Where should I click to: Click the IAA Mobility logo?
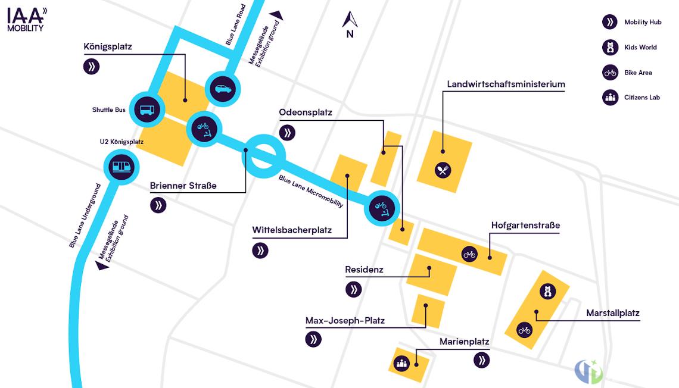pos(27,20)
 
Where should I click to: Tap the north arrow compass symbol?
pos(350,24)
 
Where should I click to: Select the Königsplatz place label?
pos(108,47)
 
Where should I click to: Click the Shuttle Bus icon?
pos(147,109)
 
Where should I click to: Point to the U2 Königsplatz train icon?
pos(122,167)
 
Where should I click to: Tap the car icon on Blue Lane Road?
pos(223,89)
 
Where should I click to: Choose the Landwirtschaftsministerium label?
pos(506,85)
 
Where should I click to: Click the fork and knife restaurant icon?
pos(443,170)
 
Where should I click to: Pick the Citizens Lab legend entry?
pos(631,98)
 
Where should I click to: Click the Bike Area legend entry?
pos(627,73)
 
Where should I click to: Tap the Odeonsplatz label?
pos(306,112)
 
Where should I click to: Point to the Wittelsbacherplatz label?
pos(292,230)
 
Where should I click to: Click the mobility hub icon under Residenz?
pos(353,289)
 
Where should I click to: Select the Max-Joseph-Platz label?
pos(345,321)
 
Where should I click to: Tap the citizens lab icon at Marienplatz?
pos(401,364)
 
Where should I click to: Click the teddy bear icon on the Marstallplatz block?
pos(547,292)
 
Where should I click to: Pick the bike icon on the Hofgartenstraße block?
pos(469,254)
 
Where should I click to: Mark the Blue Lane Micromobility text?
pos(311,191)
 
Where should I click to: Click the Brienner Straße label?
pos(183,186)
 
